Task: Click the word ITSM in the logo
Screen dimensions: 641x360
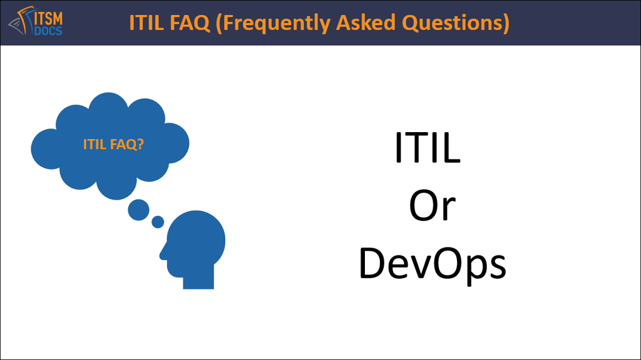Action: [48, 18]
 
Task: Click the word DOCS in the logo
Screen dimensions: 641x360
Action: [48, 31]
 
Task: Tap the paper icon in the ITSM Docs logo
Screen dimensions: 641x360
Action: [21, 21]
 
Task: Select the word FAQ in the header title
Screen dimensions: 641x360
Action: [190, 23]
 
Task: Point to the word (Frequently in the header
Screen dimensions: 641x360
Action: [273, 24]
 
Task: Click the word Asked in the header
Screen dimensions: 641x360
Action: [366, 23]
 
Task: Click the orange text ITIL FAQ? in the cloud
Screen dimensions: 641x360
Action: [113, 145]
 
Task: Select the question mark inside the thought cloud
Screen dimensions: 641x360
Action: [140, 144]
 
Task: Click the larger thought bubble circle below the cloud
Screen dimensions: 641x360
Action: [138, 210]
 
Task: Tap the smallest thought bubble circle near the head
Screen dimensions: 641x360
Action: [158, 222]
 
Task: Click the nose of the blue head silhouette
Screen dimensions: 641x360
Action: [163, 254]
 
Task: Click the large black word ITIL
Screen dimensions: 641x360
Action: [427, 148]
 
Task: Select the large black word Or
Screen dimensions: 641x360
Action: [432, 206]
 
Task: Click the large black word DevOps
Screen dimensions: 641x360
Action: [433, 264]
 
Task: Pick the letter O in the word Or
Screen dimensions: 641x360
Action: [424, 206]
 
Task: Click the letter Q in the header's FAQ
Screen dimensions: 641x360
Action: [201, 24]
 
